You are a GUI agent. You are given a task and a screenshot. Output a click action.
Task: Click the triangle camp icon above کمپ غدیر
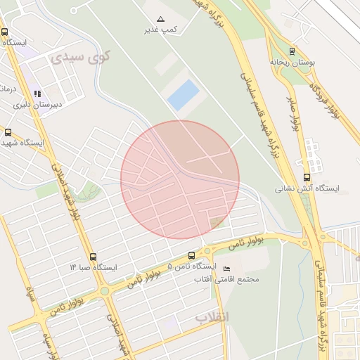(160, 18)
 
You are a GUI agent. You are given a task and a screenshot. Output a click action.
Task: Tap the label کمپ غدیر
(160, 30)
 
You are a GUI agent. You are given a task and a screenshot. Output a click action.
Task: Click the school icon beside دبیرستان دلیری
(37, 94)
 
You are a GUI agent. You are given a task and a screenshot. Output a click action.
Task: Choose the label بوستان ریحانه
(294, 62)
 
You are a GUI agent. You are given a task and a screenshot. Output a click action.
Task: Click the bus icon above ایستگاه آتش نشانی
(306, 177)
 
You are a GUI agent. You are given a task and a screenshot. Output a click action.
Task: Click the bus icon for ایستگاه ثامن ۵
(191, 255)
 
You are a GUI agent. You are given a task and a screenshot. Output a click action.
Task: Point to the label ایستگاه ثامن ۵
(190, 266)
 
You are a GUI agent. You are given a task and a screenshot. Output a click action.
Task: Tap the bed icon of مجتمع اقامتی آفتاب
(226, 269)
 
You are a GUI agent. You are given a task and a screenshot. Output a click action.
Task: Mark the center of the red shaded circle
(180, 180)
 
